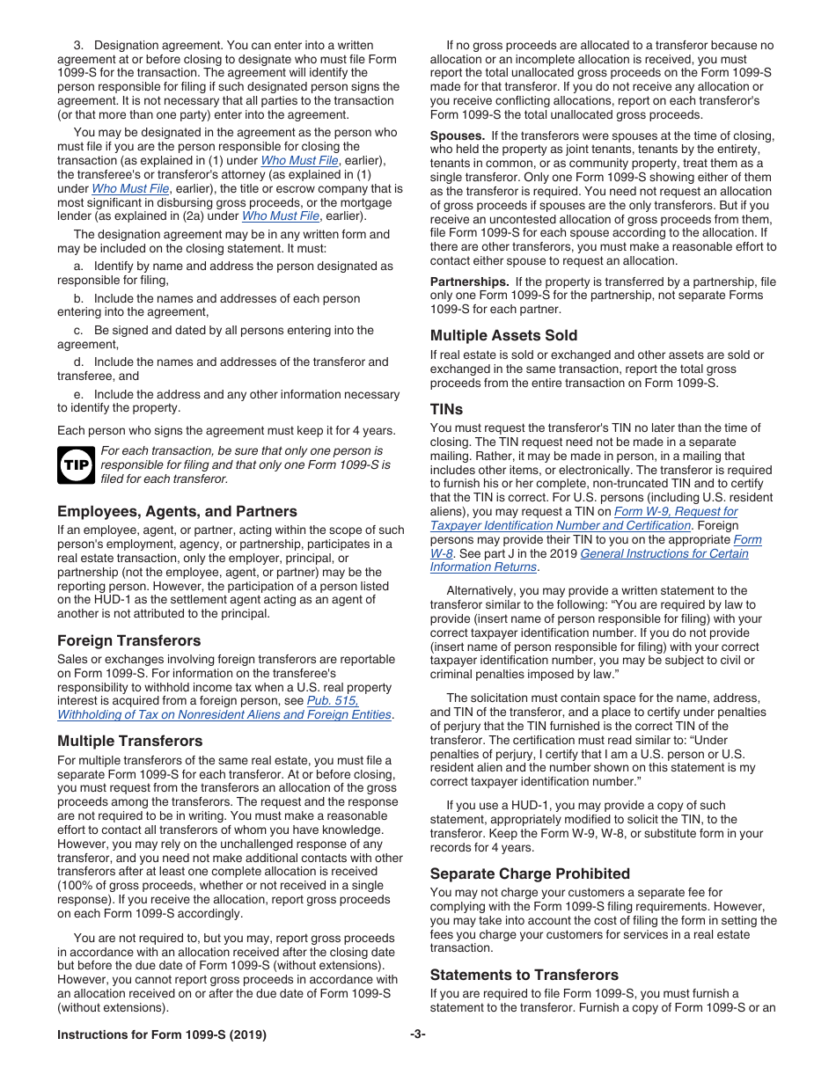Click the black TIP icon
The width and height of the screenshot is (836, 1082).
click(76, 465)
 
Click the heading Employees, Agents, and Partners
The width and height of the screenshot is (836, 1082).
click(177, 511)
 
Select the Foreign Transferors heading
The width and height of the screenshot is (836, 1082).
click(128, 640)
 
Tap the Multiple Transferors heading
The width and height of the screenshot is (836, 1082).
click(129, 741)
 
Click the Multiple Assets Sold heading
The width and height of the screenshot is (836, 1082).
click(503, 335)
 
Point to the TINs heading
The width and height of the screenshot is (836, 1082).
click(446, 409)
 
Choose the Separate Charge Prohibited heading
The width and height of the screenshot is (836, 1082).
click(530, 874)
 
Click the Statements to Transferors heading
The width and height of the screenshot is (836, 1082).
click(524, 975)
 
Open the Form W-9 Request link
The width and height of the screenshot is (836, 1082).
click(675, 511)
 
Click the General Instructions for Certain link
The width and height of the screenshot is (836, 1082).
click(664, 553)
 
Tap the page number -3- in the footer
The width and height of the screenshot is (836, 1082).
click(417, 1034)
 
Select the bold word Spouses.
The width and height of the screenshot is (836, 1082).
click(457, 135)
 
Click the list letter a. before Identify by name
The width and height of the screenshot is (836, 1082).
click(78, 267)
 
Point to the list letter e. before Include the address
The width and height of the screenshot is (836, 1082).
click(78, 394)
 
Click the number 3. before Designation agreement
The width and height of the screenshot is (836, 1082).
click(78, 45)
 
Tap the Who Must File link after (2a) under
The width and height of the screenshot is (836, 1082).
click(280, 216)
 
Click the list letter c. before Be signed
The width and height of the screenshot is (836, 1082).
click(78, 331)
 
